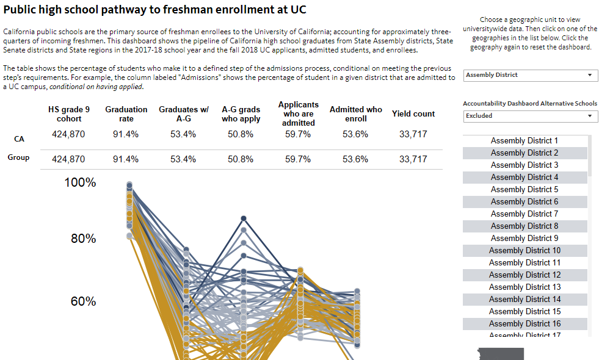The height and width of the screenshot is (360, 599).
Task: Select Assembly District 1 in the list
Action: click(x=524, y=141)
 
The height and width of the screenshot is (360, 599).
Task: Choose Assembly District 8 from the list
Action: click(x=524, y=226)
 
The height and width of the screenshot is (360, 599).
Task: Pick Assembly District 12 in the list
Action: click(x=524, y=275)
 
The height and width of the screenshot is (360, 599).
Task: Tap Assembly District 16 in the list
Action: click(x=524, y=324)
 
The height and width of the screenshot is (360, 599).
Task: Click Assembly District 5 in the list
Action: click(x=524, y=190)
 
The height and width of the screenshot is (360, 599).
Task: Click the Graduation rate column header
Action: click(x=126, y=114)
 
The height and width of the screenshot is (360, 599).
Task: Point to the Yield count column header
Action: click(x=413, y=113)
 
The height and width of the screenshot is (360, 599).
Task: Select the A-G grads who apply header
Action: click(x=241, y=114)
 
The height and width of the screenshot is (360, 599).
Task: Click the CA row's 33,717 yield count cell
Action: click(x=413, y=134)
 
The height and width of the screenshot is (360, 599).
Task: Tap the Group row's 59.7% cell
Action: click(x=298, y=159)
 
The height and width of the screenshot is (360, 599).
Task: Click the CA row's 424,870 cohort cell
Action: click(x=68, y=134)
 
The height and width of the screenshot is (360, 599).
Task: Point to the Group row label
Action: click(x=18, y=157)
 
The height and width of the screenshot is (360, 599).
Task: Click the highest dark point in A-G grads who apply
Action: click(x=244, y=218)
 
